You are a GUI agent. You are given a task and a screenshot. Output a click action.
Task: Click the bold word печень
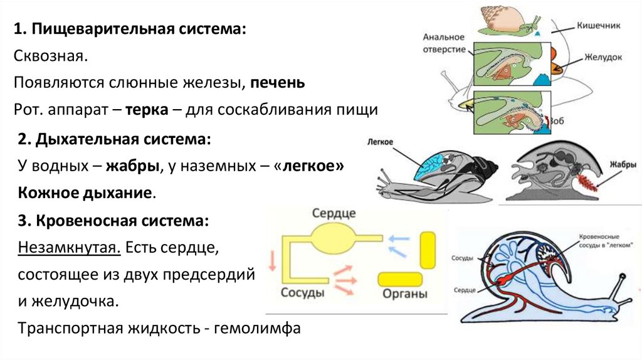[278, 83]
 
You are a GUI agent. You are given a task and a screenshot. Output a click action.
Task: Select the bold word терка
[147, 109]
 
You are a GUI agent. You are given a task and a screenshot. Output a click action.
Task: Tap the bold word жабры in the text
[132, 166]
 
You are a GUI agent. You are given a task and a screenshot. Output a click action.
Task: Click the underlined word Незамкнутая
[69, 247]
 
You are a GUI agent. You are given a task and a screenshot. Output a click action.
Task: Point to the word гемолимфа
[257, 328]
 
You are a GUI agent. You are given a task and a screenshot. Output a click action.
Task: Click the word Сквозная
[51, 56]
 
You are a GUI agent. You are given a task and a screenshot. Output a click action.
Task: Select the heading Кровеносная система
[122, 221]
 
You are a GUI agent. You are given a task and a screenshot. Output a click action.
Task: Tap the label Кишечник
[598, 25]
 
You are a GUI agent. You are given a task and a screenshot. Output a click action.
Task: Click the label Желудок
[603, 57]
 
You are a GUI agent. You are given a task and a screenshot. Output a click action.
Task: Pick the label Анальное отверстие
[444, 43]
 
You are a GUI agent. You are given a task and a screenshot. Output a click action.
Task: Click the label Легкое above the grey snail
[380, 142]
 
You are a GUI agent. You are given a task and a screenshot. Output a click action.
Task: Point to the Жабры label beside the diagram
[623, 164]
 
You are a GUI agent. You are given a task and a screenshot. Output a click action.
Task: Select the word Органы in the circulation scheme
[404, 294]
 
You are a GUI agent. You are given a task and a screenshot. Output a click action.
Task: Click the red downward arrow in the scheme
[272, 260]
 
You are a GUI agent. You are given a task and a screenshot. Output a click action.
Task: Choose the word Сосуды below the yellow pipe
[303, 293]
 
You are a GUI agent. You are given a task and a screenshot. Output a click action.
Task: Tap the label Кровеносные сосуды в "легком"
[605, 241]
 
